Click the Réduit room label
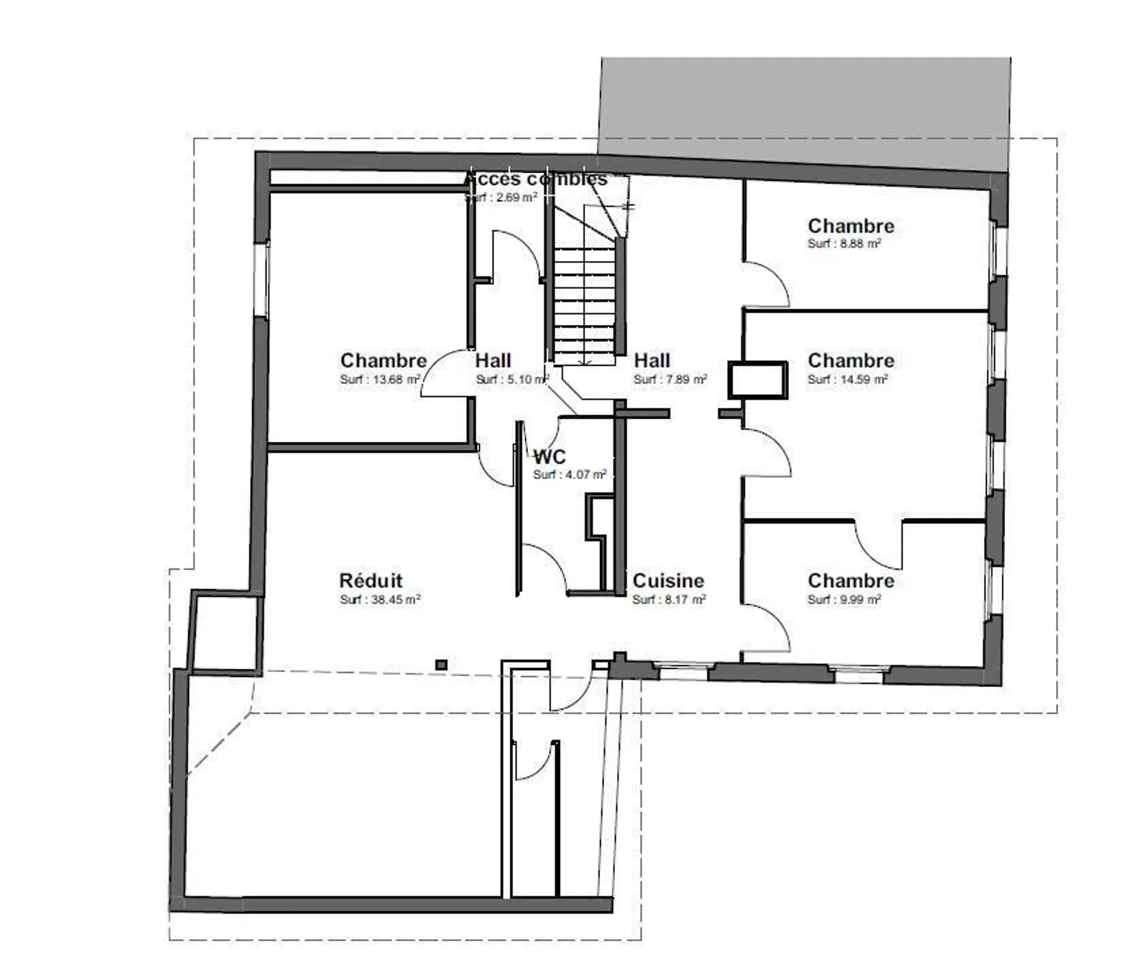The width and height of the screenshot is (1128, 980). pos(371,580)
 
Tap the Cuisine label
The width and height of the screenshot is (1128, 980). pos(668,580)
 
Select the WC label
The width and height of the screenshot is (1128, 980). pos(549,457)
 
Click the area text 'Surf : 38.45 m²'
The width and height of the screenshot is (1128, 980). pos(380,599)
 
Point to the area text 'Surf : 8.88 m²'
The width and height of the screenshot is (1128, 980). pos(844,244)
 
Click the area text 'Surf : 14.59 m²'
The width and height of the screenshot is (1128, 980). pos(848,379)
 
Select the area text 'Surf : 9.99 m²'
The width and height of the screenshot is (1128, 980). pos(844,599)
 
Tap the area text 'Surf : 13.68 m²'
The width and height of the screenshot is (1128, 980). pos(380,379)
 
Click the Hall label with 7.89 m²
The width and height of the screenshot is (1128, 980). pos(652,360)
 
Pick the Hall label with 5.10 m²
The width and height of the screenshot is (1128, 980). pos(493,360)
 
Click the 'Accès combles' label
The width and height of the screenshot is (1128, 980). pos(536,179)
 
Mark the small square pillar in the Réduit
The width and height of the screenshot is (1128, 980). pos(441,665)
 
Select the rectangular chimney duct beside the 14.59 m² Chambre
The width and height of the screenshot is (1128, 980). pos(757,380)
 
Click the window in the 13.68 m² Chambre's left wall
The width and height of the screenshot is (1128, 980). pos(262,279)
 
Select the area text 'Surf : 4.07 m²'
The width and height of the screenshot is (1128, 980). pos(569,475)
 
